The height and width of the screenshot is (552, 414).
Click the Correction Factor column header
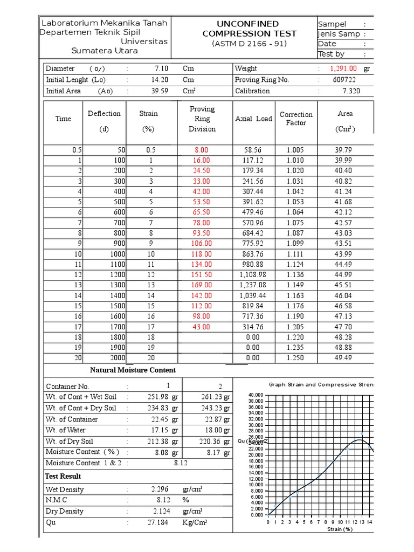point(296,119)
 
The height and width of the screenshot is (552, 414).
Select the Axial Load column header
point(253,119)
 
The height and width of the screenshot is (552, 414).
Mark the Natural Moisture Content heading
point(133,370)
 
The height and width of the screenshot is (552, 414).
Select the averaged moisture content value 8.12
point(181,463)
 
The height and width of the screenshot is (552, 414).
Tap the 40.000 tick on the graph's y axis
point(256,395)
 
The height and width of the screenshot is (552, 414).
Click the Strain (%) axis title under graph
point(340,529)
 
